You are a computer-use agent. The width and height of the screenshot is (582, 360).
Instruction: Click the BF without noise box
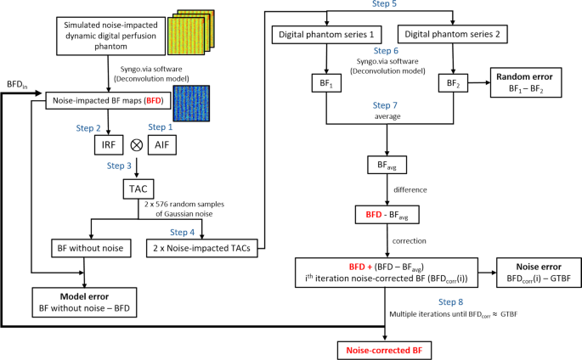pos(82,249)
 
